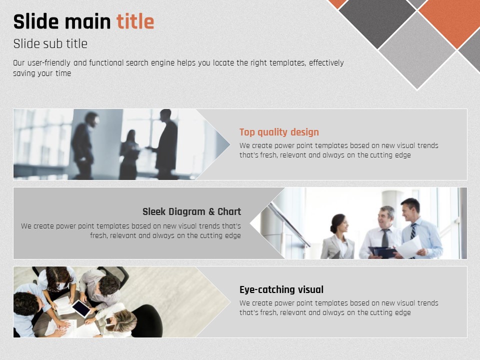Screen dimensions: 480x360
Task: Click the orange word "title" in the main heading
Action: [x=135, y=21]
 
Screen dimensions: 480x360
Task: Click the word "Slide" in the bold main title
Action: [x=36, y=21]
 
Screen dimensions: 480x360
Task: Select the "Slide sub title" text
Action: [x=50, y=44]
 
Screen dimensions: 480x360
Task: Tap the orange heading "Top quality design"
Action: [x=279, y=132]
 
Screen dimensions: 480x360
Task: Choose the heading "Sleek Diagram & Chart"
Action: [x=191, y=211]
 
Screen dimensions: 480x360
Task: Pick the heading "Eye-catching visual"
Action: [x=281, y=289]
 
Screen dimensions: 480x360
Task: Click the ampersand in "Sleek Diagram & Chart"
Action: [x=211, y=211]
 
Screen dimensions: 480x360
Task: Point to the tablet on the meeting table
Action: [x=81, y=308]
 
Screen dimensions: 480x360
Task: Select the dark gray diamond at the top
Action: [x=377, y=21]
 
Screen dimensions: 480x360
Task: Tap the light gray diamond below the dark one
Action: [x=417, y=51]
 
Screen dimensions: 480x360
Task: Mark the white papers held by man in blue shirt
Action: [x=409, y=247]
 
